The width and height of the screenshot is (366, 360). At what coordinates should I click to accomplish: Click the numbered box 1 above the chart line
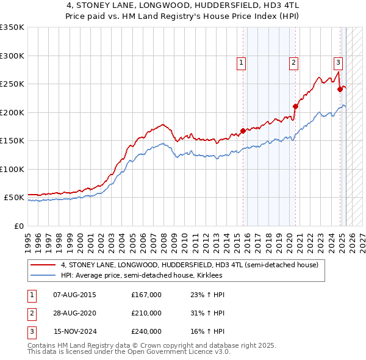click(x=241, y=62)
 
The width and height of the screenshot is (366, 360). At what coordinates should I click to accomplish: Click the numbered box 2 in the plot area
click(x=293, y=62)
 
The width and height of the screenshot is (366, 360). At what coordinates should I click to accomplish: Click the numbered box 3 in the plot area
click(x=338, y=62)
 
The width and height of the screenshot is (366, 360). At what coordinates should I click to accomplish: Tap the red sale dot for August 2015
click(x=243, y=130)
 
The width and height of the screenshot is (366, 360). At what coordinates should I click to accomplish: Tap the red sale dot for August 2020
click(x=295, y=106)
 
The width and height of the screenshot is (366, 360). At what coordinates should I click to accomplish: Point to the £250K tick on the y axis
click(x=12, y=84)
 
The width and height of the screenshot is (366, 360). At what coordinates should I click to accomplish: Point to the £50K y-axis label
click(x=14, y=198)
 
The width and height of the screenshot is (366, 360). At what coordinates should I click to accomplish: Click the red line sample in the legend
click(x=44, y=265)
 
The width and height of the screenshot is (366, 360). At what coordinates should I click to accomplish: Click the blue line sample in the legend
click(x=44, y=276)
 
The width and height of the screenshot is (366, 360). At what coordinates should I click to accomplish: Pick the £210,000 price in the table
click(x=146, y=313)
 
